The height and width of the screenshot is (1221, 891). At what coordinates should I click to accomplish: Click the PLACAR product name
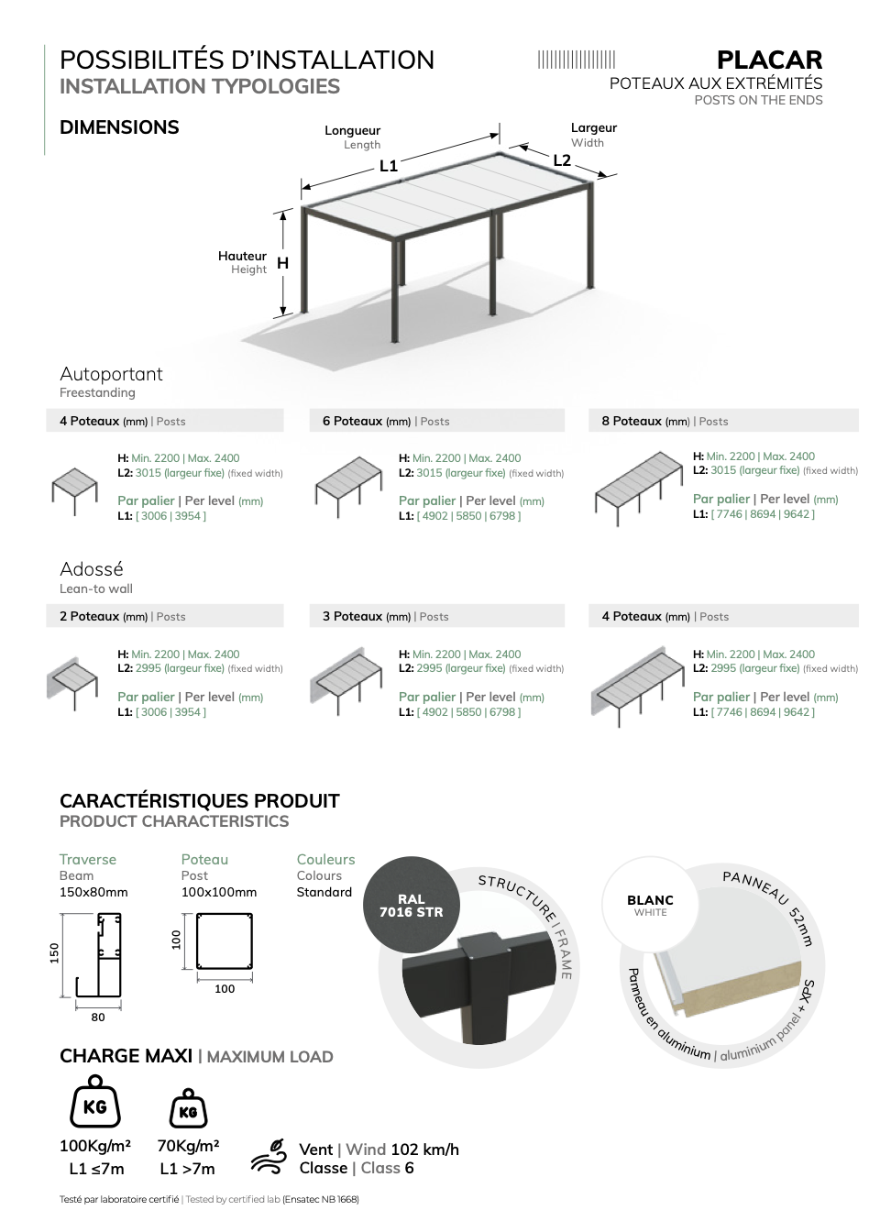tap(769, 60)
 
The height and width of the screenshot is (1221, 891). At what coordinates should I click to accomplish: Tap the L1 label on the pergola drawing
tap(389, 166)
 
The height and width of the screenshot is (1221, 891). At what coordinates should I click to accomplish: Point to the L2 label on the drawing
tap(562, 160)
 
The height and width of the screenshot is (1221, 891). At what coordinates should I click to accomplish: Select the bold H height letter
tap(282, 263)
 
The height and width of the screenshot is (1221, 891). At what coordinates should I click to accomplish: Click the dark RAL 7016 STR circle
tap(412, 906)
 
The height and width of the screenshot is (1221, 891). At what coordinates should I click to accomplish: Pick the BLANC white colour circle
tap(650, 905)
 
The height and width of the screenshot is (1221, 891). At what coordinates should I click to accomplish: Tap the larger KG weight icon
tap(94, 1102)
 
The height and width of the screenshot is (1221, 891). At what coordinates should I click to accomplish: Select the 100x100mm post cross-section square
tap(225, 941)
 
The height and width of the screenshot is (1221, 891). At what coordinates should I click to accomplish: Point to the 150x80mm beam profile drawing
tap(99, 955)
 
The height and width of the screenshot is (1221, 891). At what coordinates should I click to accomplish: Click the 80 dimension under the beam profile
tap(98, 1017)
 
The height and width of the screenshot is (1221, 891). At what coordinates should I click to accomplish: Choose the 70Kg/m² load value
tap(189, 1145)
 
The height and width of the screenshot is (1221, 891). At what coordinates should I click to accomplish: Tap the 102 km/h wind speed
tap(425, 1149)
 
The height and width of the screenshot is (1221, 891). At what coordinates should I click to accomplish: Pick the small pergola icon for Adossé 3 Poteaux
tap(346, 681)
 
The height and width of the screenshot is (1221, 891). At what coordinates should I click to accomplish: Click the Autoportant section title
tap(111, 374)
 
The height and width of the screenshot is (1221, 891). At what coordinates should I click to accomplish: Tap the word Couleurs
tap(326, 859)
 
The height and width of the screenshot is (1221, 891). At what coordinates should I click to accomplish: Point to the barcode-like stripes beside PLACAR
tap(577, 60)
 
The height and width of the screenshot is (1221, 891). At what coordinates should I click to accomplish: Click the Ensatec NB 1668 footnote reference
tap(321, 1199)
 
